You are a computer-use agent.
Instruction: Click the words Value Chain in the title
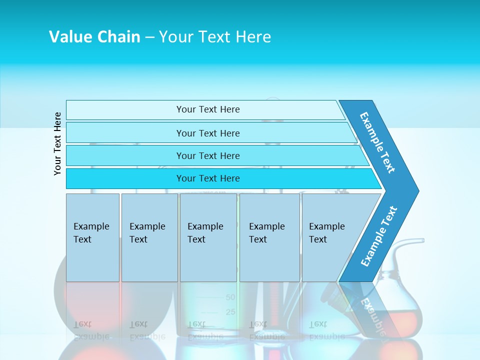[94, 37]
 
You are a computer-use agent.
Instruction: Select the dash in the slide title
[149, 37]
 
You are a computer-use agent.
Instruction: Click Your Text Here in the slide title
[215, 37]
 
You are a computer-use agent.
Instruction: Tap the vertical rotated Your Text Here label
[57, 143]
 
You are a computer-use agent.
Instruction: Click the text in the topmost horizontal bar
[208, 109]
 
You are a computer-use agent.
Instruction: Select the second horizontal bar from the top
[208, 133]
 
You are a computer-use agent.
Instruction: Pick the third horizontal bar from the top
[208, 155]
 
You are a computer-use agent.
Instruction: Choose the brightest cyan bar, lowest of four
[208, 178]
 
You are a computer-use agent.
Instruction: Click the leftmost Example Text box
[92, 237]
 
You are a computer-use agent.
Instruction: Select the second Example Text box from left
[149, 237]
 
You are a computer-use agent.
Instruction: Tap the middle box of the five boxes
[208, 237]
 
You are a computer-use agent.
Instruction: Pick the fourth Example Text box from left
[269, 237]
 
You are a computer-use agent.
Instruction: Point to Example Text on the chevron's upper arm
[377, 142]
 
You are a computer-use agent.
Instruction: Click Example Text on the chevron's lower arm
[379, 236]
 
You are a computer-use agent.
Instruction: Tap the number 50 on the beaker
[230, 297]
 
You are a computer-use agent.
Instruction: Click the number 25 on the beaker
[230, 312]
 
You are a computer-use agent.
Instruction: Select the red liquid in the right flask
[400, 320]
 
